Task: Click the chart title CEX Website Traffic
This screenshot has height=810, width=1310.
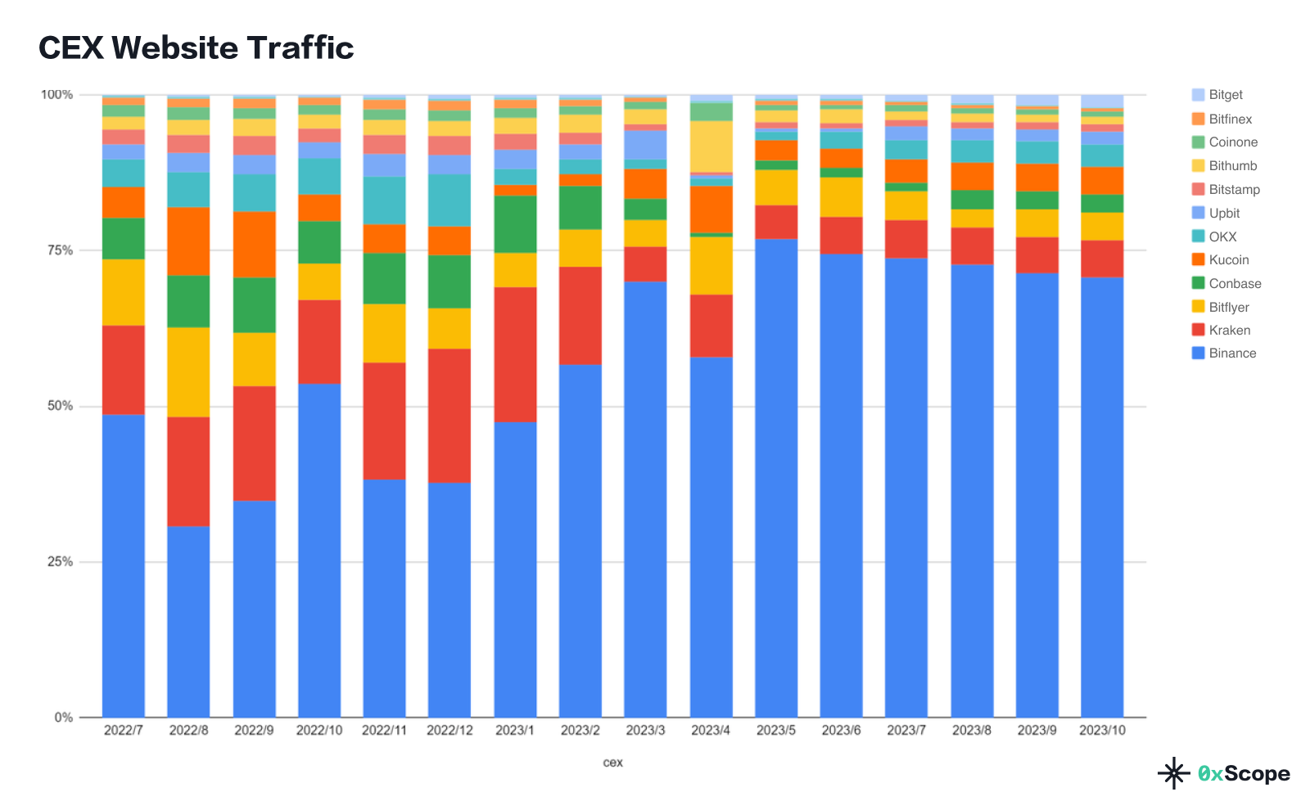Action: tap(196, 48)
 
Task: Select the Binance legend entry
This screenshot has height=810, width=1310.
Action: tap(1231, 353)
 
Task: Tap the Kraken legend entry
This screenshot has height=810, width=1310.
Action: tap(1229, 331)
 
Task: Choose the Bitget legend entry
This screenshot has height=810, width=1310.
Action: tap(1225, 95)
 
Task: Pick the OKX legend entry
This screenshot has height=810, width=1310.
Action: tap(1222, 236)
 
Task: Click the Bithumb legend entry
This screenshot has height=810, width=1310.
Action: tap(1232, 166)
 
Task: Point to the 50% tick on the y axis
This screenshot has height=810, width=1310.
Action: tap(58, 407)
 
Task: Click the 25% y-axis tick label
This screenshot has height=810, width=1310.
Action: tap(58, 562)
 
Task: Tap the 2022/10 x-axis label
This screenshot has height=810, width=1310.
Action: tap(319, 730)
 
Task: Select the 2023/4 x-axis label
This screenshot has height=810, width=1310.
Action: tap(711, 730)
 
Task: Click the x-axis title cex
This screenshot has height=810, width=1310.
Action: tap(612, 763)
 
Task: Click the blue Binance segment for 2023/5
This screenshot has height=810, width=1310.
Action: tap(776, 475)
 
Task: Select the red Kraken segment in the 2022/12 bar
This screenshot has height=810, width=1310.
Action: tap(449, 416)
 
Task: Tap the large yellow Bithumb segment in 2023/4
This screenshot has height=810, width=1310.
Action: tap(711, 146)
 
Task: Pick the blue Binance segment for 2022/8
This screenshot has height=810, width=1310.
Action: tap(188, 622)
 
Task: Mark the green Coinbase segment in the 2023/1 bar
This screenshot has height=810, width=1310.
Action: tap(515, 224)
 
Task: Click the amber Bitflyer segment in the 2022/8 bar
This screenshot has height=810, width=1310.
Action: tap(188, 372)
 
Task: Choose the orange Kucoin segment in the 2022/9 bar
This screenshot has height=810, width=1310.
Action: tap(254, 245)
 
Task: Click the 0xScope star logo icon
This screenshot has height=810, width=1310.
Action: tap(1173, 773)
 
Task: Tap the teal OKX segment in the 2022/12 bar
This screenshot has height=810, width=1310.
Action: tap(449, 200)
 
